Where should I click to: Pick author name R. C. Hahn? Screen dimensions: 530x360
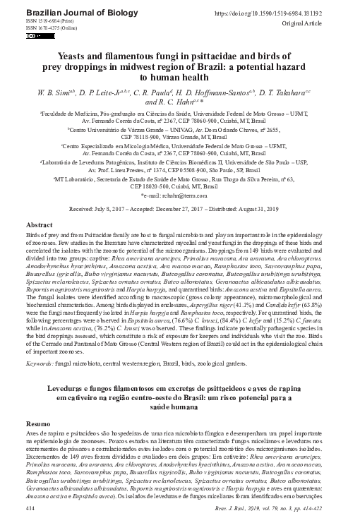click(x=170, y=102)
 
